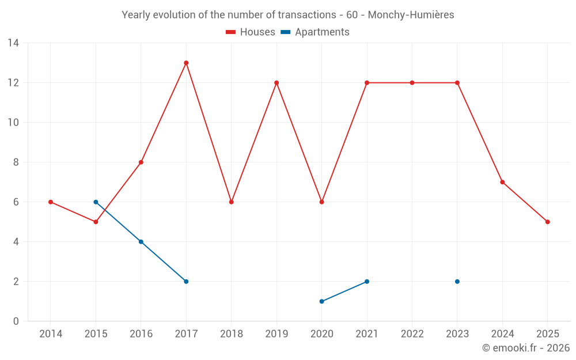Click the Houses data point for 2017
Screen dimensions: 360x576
(186, 63)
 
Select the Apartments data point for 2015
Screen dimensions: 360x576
(96, 202)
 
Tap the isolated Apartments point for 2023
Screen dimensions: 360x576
(457, 282)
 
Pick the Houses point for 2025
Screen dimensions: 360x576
(548, 222)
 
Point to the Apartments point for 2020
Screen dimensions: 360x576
(321, 301)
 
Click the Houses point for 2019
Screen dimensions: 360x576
(276, 83)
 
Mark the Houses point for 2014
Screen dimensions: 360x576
(51, 202)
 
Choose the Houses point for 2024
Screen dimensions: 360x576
(502, 182)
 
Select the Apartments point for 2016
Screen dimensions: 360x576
(141, 242)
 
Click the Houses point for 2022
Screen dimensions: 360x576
(412, 83)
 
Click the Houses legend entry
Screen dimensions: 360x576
(251, 32)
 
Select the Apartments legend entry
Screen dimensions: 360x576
(315, 32)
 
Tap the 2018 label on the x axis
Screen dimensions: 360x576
(231, 334)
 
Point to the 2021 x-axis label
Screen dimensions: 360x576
(367, 334)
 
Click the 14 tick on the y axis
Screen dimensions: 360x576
(13, 43)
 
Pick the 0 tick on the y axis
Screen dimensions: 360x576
(16, 321)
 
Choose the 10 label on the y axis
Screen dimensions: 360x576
(13, 123)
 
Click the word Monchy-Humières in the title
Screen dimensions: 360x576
(411, 15)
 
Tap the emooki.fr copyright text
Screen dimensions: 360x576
(526, 348)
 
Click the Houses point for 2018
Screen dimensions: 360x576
(232, 202)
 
